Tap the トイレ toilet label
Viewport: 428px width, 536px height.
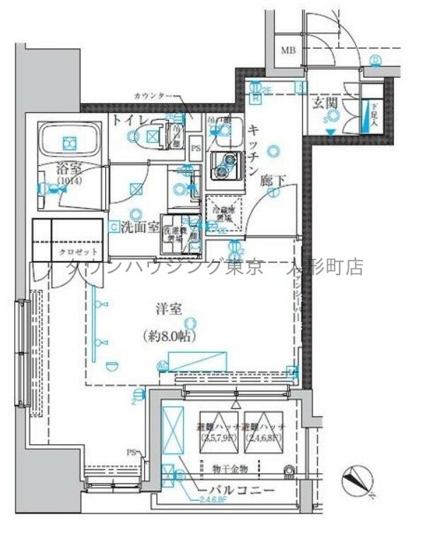(128, 121)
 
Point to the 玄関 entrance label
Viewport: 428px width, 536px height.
(326, 104)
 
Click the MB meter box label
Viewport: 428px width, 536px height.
(289, 50)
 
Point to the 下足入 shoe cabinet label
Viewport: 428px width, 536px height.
(374, 114)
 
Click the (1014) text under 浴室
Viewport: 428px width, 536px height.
(69, 181)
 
